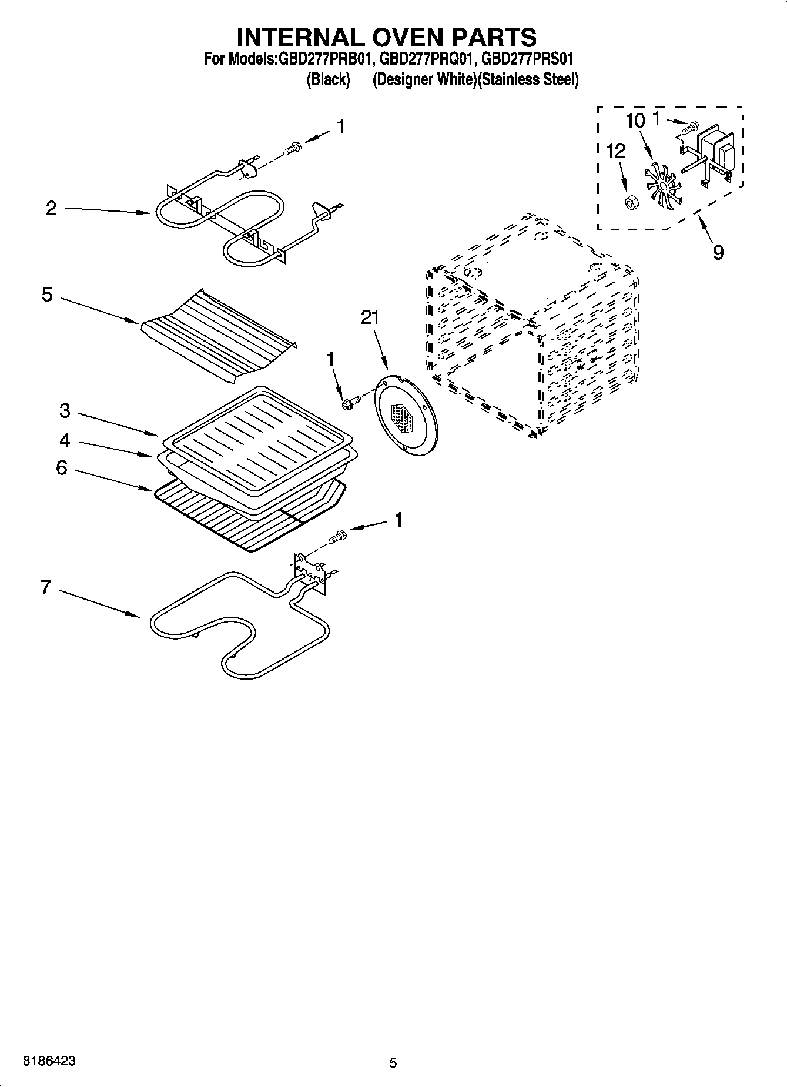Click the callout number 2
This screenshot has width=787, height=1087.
coord(52,209)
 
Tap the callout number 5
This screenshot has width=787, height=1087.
coord(47,295)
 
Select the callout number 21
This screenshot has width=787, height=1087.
coord(370,317)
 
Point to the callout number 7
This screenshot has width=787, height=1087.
coord(46,587)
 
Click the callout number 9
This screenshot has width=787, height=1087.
coord(718,252)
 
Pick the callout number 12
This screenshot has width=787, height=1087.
coord(615,151)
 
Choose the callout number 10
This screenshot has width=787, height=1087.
coord(635,121)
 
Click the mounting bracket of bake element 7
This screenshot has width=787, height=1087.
coord(310,568)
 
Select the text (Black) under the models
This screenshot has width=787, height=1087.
coord(328,80)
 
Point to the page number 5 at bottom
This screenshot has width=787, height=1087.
coord(393,1063)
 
